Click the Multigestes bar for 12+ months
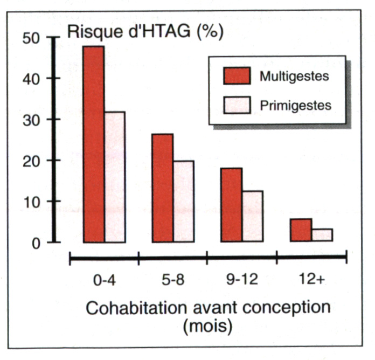tap(300, 230)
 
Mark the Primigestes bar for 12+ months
tap(321, 235)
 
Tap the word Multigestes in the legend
tap(294, 76)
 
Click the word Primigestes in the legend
tap(295, 105)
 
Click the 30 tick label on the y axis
tap(32, 120)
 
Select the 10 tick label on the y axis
tap(32, 202)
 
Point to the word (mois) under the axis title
tap(207, 327)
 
